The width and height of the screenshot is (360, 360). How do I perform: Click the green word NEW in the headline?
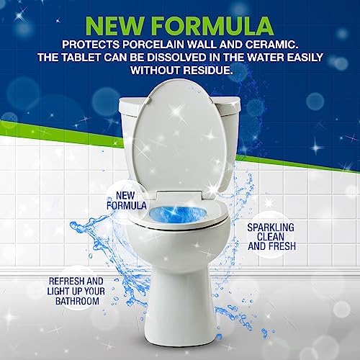[114, 26]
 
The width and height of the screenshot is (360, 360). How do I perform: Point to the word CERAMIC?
[274, 45]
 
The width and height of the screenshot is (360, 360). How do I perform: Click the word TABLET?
[81, 58]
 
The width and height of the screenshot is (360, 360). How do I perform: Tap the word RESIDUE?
[208, 70]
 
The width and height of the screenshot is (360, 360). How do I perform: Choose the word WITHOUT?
[156, 70]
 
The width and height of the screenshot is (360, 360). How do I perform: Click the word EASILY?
[303, 58]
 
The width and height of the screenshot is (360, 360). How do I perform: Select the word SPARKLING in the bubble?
[271, 228]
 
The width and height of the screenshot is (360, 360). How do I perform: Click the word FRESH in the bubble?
[284, 246]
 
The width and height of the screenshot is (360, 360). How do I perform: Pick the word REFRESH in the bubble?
[64, 281]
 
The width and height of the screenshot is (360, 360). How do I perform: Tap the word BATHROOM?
[77, 301]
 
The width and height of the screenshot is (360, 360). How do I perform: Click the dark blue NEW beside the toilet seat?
[125, 196]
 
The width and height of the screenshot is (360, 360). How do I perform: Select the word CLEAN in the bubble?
[271, 237]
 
